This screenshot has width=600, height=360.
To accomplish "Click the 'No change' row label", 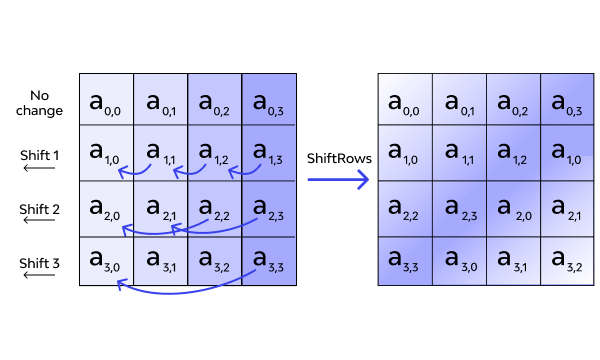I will tap(40, 102).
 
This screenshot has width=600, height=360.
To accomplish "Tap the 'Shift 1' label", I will tap(40, 155).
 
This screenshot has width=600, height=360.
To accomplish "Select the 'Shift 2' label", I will tap(40, 209).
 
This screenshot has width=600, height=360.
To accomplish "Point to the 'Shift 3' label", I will tap(40, 262).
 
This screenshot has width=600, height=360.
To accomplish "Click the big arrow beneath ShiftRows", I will tap(338, 181).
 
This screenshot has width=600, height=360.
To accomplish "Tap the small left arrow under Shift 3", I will tap(40, 275).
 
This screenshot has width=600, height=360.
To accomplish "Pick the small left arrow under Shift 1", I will tap(40, 168).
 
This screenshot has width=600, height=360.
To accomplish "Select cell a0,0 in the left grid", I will tap(106, 101).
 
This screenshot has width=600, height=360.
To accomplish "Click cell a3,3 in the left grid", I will tap(269, 262).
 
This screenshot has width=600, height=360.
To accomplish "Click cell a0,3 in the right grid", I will tap(568, 101).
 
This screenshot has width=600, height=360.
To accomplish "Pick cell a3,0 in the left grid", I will tap(106, 262).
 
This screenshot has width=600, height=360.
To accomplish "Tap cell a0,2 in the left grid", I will tap(215, 101).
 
